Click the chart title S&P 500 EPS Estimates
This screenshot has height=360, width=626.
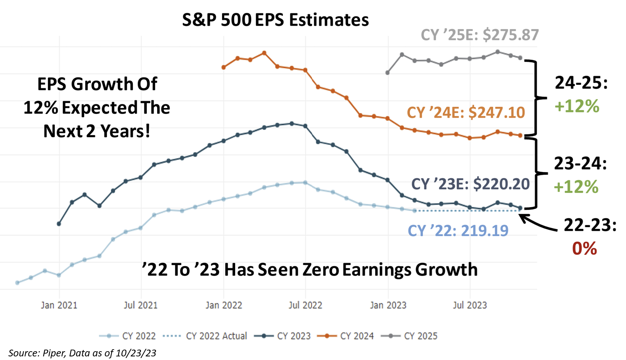pyautogui.click(x=275, y=20)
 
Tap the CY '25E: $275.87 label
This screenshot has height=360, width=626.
pyautogui.click(x=480, y=35)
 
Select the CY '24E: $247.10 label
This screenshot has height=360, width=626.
pyautogui.click(x=466, y=113)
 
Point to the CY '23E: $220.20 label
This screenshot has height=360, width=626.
pyautogui.click(x=470, y=184)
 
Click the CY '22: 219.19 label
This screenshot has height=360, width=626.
pyautogui.click(x=458, y=231)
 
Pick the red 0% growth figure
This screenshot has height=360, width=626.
pyautogui.click(x=584, y=248)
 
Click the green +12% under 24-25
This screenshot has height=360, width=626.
pyautogui.click(x=577, y=106)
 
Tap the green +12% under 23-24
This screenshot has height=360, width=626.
pyautogui.click(x=576, y=187)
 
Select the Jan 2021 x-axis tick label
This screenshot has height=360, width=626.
pyautogui.click(x=59, y=305)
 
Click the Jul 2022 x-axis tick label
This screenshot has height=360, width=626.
pyautogui.click(x=305, y=305)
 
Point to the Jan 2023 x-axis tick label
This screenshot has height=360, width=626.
pyautogui.click(x=388, y=305)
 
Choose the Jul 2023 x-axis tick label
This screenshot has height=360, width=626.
pyautogui.click(x=470, y=305)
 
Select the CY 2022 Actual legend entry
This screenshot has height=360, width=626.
pyautogui.click(x=205, y=336)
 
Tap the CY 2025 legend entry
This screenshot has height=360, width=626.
pyautogui.click(x=410, y=336)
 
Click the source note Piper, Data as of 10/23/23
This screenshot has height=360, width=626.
pyautogui.click(x=82, y=353)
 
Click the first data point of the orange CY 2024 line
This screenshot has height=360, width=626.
pyautogui.click(x=224, y=67)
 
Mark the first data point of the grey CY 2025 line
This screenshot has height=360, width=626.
pyautogui.click(x=388, y=73)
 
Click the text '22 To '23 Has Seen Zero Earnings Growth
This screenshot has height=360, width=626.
pyautogui.click(x=310, y=270)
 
